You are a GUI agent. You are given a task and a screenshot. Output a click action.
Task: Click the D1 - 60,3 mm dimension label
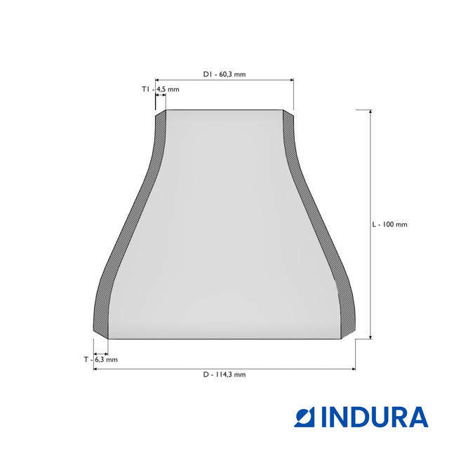pyautogui.click(x=224, y=74)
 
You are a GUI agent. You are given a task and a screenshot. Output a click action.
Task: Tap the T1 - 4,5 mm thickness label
pyautogui.click(x=161, y=89)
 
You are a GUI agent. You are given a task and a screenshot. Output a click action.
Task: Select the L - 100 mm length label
pyautogui.click(x=389, y=224)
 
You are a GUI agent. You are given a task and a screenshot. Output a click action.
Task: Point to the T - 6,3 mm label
pyautogui.click(x=101, y=360)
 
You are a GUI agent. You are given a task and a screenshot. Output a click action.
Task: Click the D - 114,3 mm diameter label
pyautogui.click(x=224, y=375)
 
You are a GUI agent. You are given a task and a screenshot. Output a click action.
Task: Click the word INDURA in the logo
pyautogui.click(x=375, y=417)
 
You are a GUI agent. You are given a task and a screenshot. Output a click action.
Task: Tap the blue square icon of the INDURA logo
pyautogui.click(x=304, y=417)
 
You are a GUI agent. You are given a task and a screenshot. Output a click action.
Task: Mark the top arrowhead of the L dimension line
pyautogui.click(x=370, y=112)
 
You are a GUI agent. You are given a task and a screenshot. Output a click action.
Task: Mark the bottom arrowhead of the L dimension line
pyautogui.click(x=370, y=337)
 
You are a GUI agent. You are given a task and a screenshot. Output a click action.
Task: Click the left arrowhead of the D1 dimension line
pyautogui.click(x=157, y=80)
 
